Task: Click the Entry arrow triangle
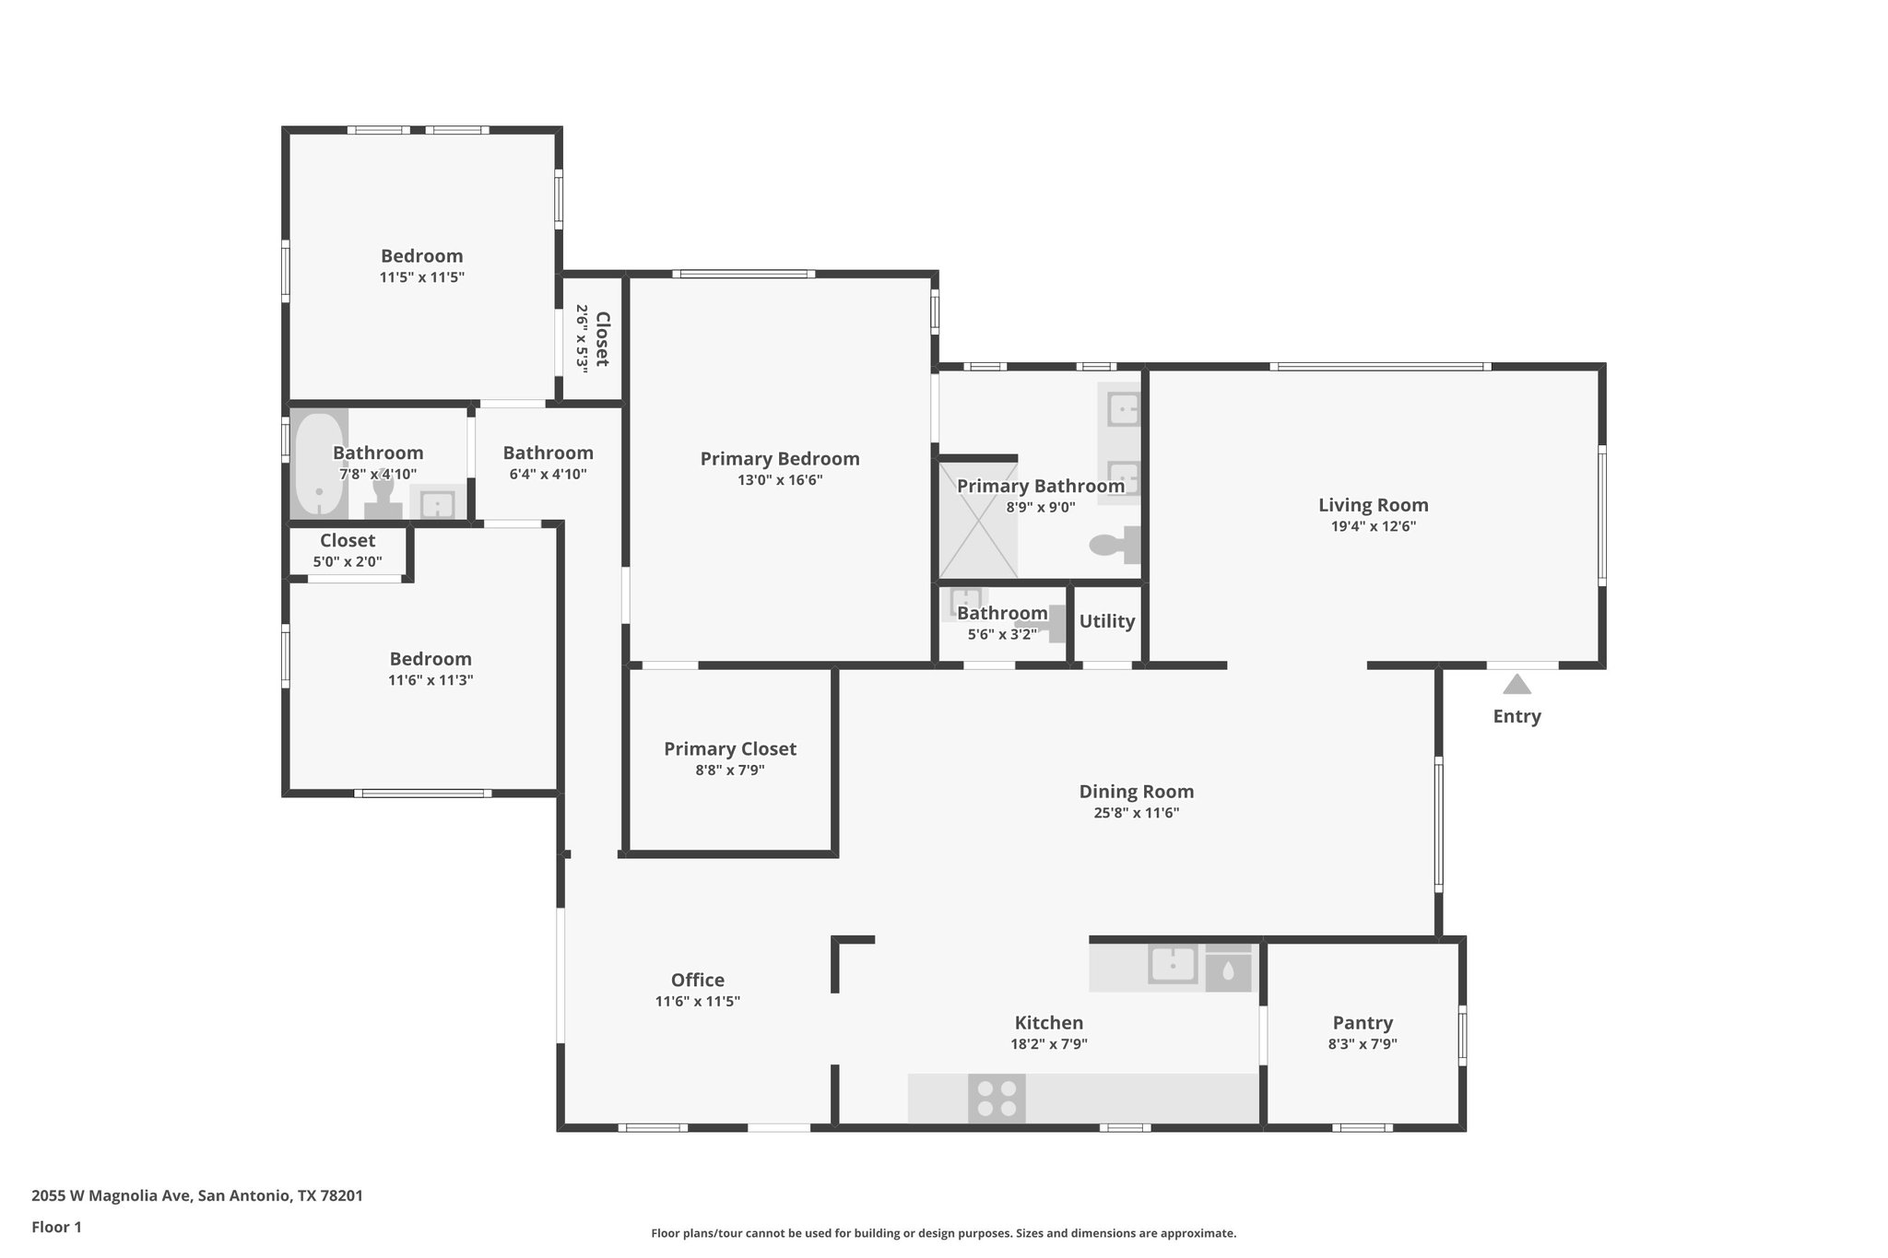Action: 1516,685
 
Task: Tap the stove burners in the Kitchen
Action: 997,1099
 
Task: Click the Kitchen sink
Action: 1173,965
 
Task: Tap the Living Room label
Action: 1373,505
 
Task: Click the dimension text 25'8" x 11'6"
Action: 1136,813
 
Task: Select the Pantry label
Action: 1362,1023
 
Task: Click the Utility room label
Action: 1106,621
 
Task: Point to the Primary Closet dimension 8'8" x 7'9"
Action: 729,770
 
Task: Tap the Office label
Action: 697,981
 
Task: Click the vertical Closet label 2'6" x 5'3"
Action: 602,338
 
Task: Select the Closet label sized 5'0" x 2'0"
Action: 348,541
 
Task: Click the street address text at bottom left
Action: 197,1196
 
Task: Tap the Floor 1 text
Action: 57,1227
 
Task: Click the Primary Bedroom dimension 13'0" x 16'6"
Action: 779,480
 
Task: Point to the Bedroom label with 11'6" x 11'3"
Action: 431,659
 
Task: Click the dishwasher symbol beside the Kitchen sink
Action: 1228,971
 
